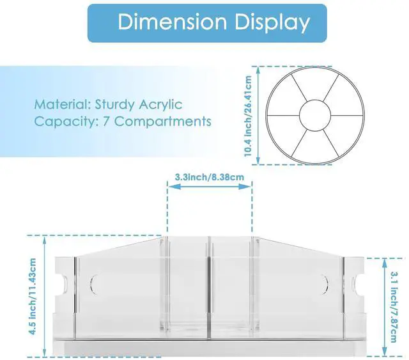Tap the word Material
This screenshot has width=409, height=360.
coord(62,104)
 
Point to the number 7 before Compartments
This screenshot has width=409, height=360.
coord(107,121)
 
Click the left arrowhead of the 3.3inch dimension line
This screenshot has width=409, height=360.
coord(170,187)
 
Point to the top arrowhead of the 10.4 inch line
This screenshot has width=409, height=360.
coord(255,67)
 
